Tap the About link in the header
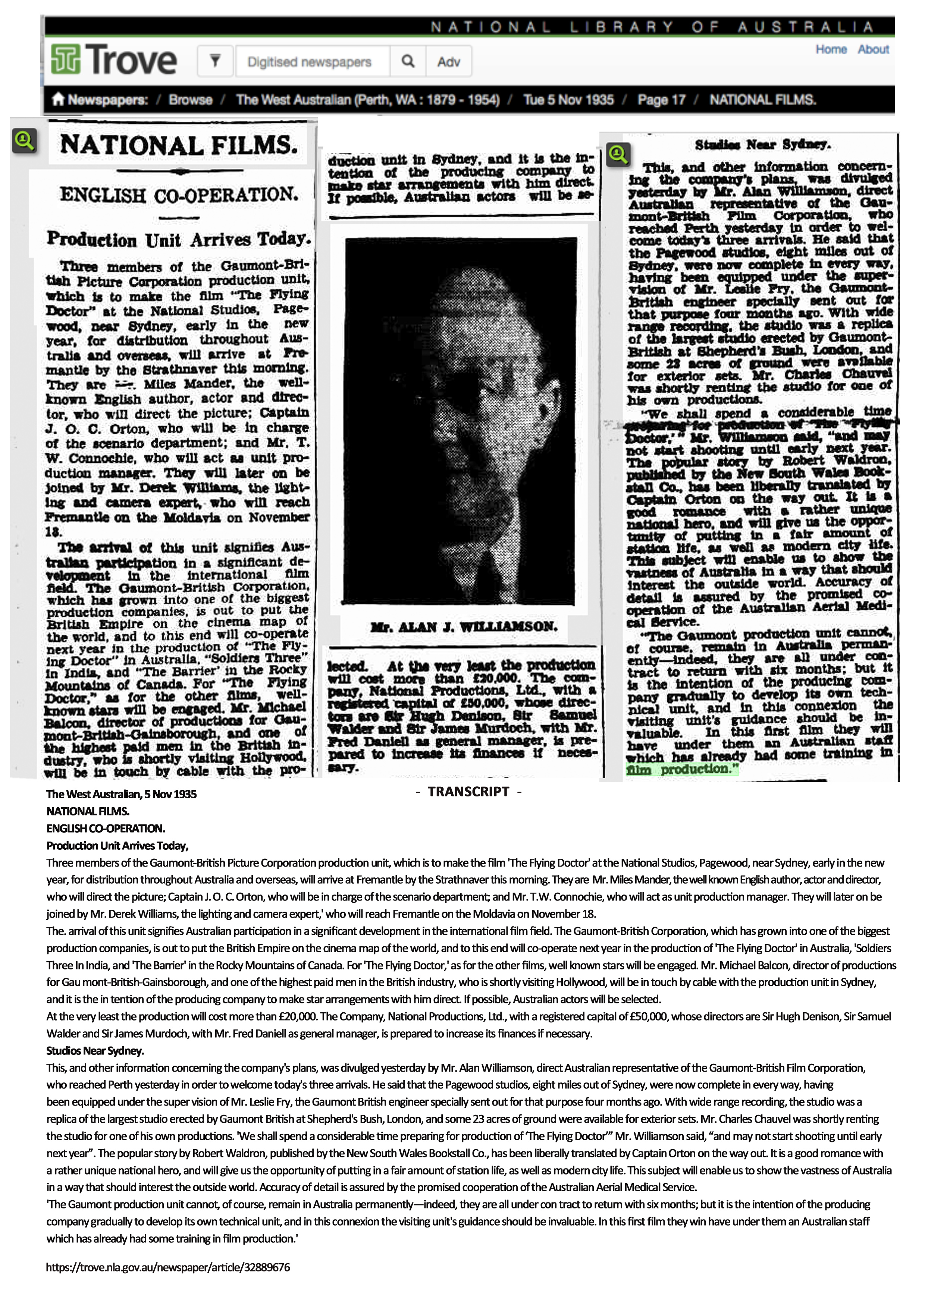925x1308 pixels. coord(872,50)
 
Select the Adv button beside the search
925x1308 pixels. coord(449,62)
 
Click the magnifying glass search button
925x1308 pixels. coord(408,61)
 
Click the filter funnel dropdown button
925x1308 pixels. coord(215,60)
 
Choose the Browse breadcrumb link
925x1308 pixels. coord(190,100)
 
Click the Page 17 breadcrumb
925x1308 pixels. coord(661,100)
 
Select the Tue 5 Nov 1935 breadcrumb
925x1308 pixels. coord(568,100)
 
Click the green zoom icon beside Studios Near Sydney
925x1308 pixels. coord(618,154)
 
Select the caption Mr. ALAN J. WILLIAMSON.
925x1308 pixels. coord(463,627)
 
